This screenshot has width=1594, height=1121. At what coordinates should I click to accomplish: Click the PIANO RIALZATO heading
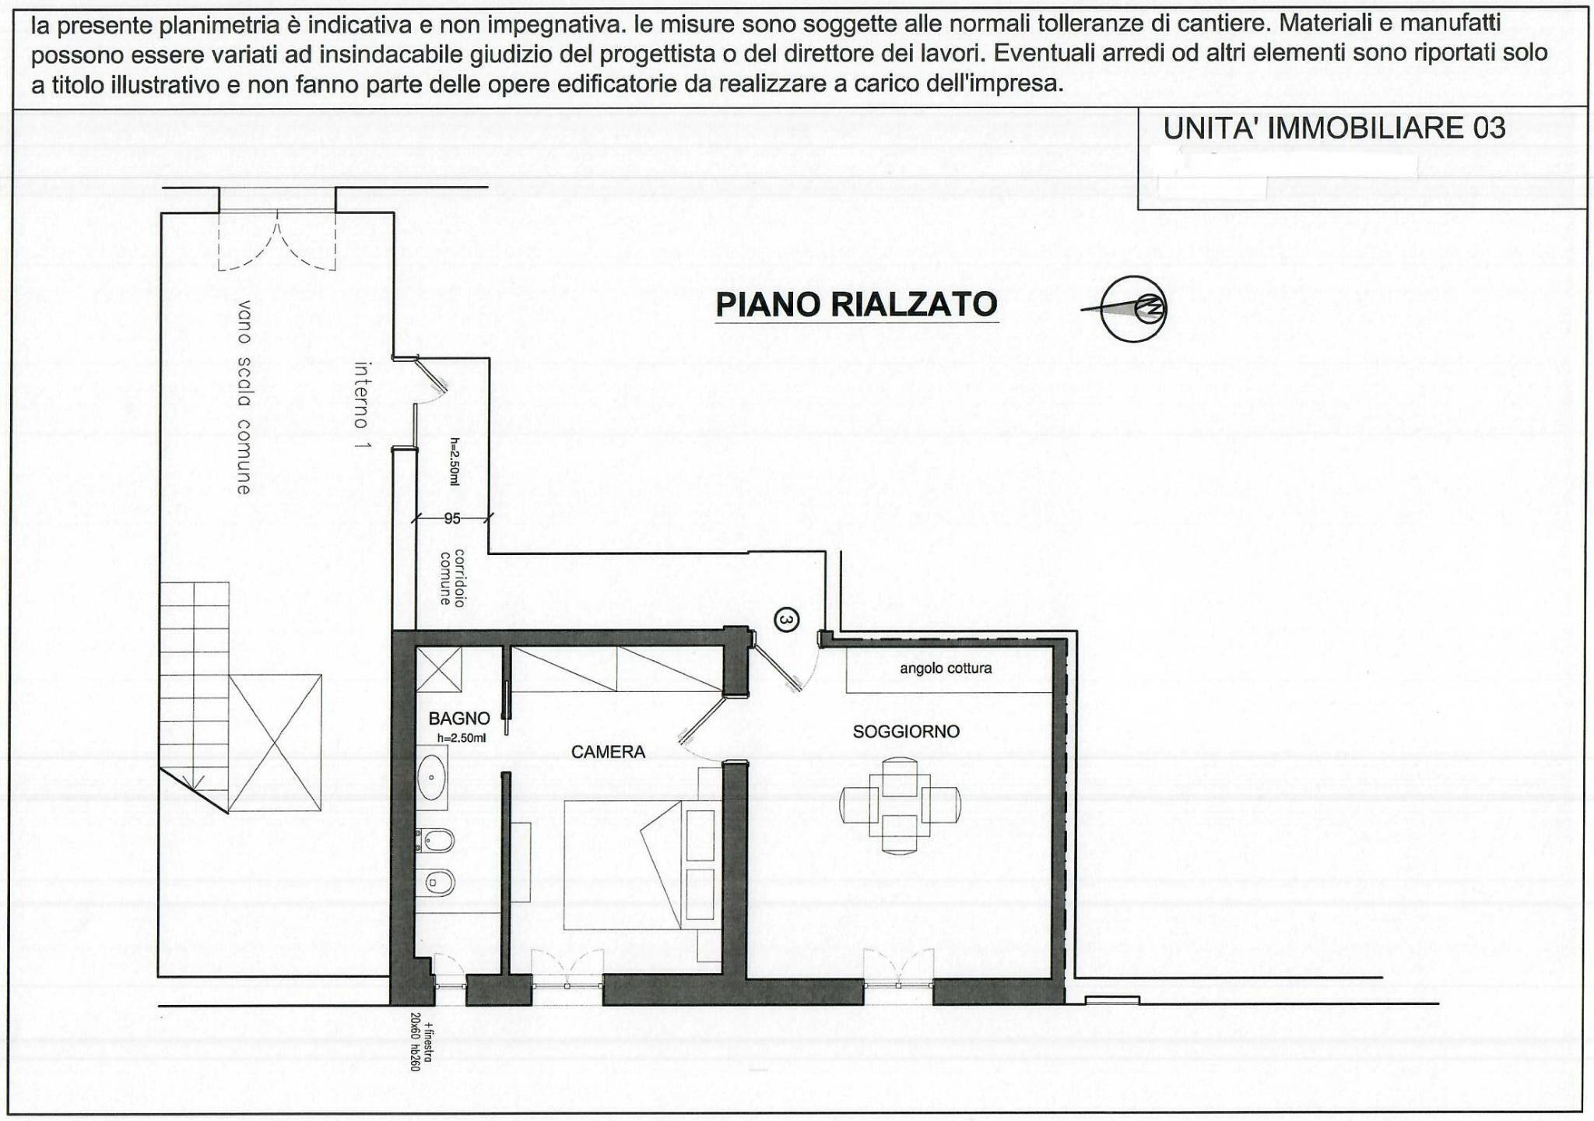click(856, 304)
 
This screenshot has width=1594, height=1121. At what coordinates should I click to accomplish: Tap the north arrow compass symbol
click(1134, 309)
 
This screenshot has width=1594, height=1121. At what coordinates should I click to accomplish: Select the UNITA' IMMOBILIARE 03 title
click(1334, 128)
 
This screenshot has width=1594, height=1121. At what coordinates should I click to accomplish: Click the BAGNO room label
click(459, 719)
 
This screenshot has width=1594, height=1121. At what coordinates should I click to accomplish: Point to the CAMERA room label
click(608, 752)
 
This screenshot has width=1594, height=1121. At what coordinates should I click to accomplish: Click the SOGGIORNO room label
click(906, 732)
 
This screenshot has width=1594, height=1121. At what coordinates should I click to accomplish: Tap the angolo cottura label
click(946, 669)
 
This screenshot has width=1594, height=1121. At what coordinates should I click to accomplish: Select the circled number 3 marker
click(787, 620)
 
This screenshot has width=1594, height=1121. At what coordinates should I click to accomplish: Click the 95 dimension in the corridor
click(452, 518)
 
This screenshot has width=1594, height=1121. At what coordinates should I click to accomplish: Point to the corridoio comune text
click(452, 578)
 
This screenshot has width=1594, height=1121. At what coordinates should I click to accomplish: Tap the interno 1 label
click(361, 405)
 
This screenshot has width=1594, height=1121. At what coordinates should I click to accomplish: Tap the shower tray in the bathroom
click(439, 669)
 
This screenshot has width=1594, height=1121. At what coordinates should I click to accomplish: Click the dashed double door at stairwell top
click(277, 241)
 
